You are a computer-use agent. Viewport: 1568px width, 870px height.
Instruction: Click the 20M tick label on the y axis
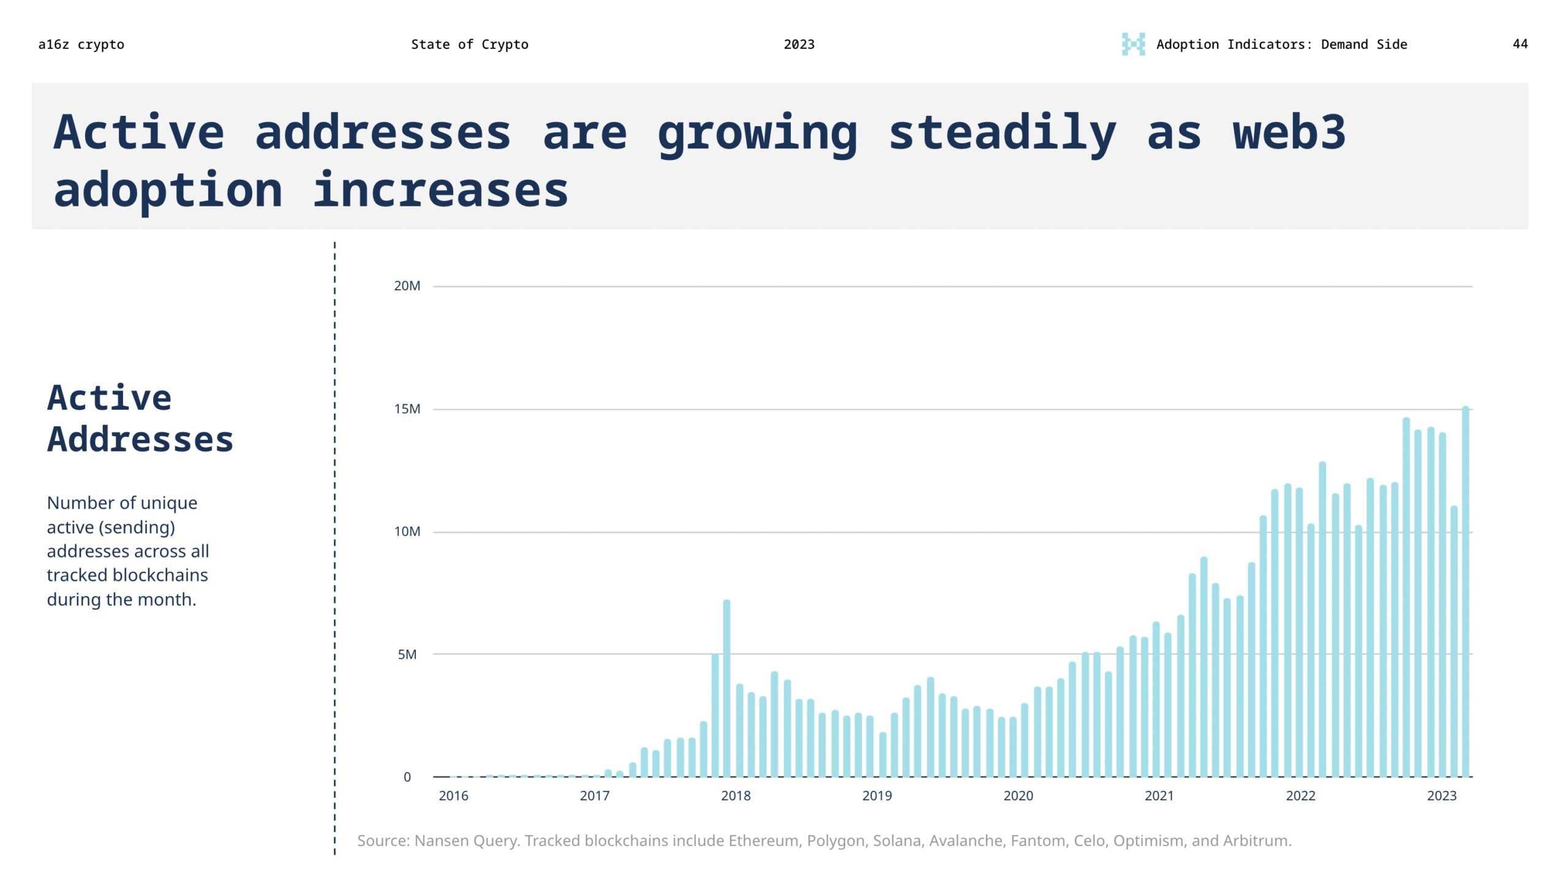pyautogui.click(x=407, y=286)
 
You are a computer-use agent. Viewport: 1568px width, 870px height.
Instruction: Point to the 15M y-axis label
pyautogui.click(x=407, y=409)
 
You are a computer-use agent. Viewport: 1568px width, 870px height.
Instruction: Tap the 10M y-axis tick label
pyautogui.click(x=407, y=532)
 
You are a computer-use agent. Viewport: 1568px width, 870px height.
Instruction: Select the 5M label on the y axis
pyautogui.click(x=407, y=654)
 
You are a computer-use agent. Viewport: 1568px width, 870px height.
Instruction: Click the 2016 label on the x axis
pyautogui.click(x=453, y=796)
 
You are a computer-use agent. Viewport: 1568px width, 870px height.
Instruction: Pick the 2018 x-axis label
pyautogui.click(x=736, y=796)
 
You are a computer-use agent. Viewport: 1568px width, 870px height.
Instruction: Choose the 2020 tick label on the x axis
pyautogui.click(x=1018, y=796)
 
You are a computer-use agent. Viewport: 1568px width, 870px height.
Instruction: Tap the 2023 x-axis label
pyautogui.click(x=1441, y=796)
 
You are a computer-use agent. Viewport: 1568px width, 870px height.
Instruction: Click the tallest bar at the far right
pyautogui.click(x=1466, y=591)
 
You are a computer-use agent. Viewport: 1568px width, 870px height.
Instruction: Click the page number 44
pyautogui.click(x=1520, y=44)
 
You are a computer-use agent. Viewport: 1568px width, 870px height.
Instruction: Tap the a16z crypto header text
pyautogui.click(x=81, y=44)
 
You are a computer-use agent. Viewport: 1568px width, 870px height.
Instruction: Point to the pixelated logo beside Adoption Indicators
pyautogui.click(x=1133, y=44)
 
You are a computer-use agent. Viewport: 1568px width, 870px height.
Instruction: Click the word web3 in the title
pyautogui.click(x=1289, y=132)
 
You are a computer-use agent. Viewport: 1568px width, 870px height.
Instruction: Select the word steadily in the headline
pyautogui.click(x=1002, y=132)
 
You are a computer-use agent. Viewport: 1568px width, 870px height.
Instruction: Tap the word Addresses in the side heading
pyautogui.click(x=140, y=439)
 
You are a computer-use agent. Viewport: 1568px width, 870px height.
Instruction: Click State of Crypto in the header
pyautogui.click(x=469, y=44)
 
